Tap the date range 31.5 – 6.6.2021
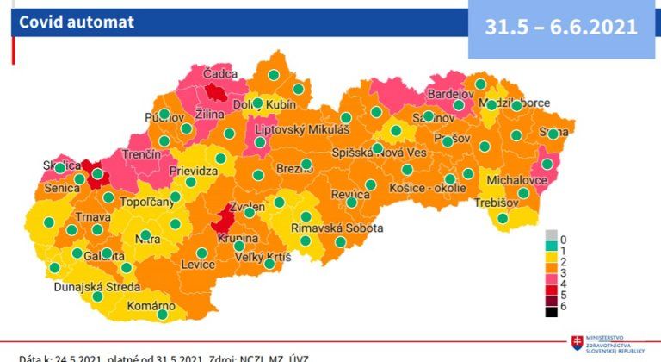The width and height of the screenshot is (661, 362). pos(560,27)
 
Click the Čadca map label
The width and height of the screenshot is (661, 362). pos(219,75)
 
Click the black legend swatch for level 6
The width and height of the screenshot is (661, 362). pos(552,311)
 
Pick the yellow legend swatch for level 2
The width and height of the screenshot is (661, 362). pos(552,261)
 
